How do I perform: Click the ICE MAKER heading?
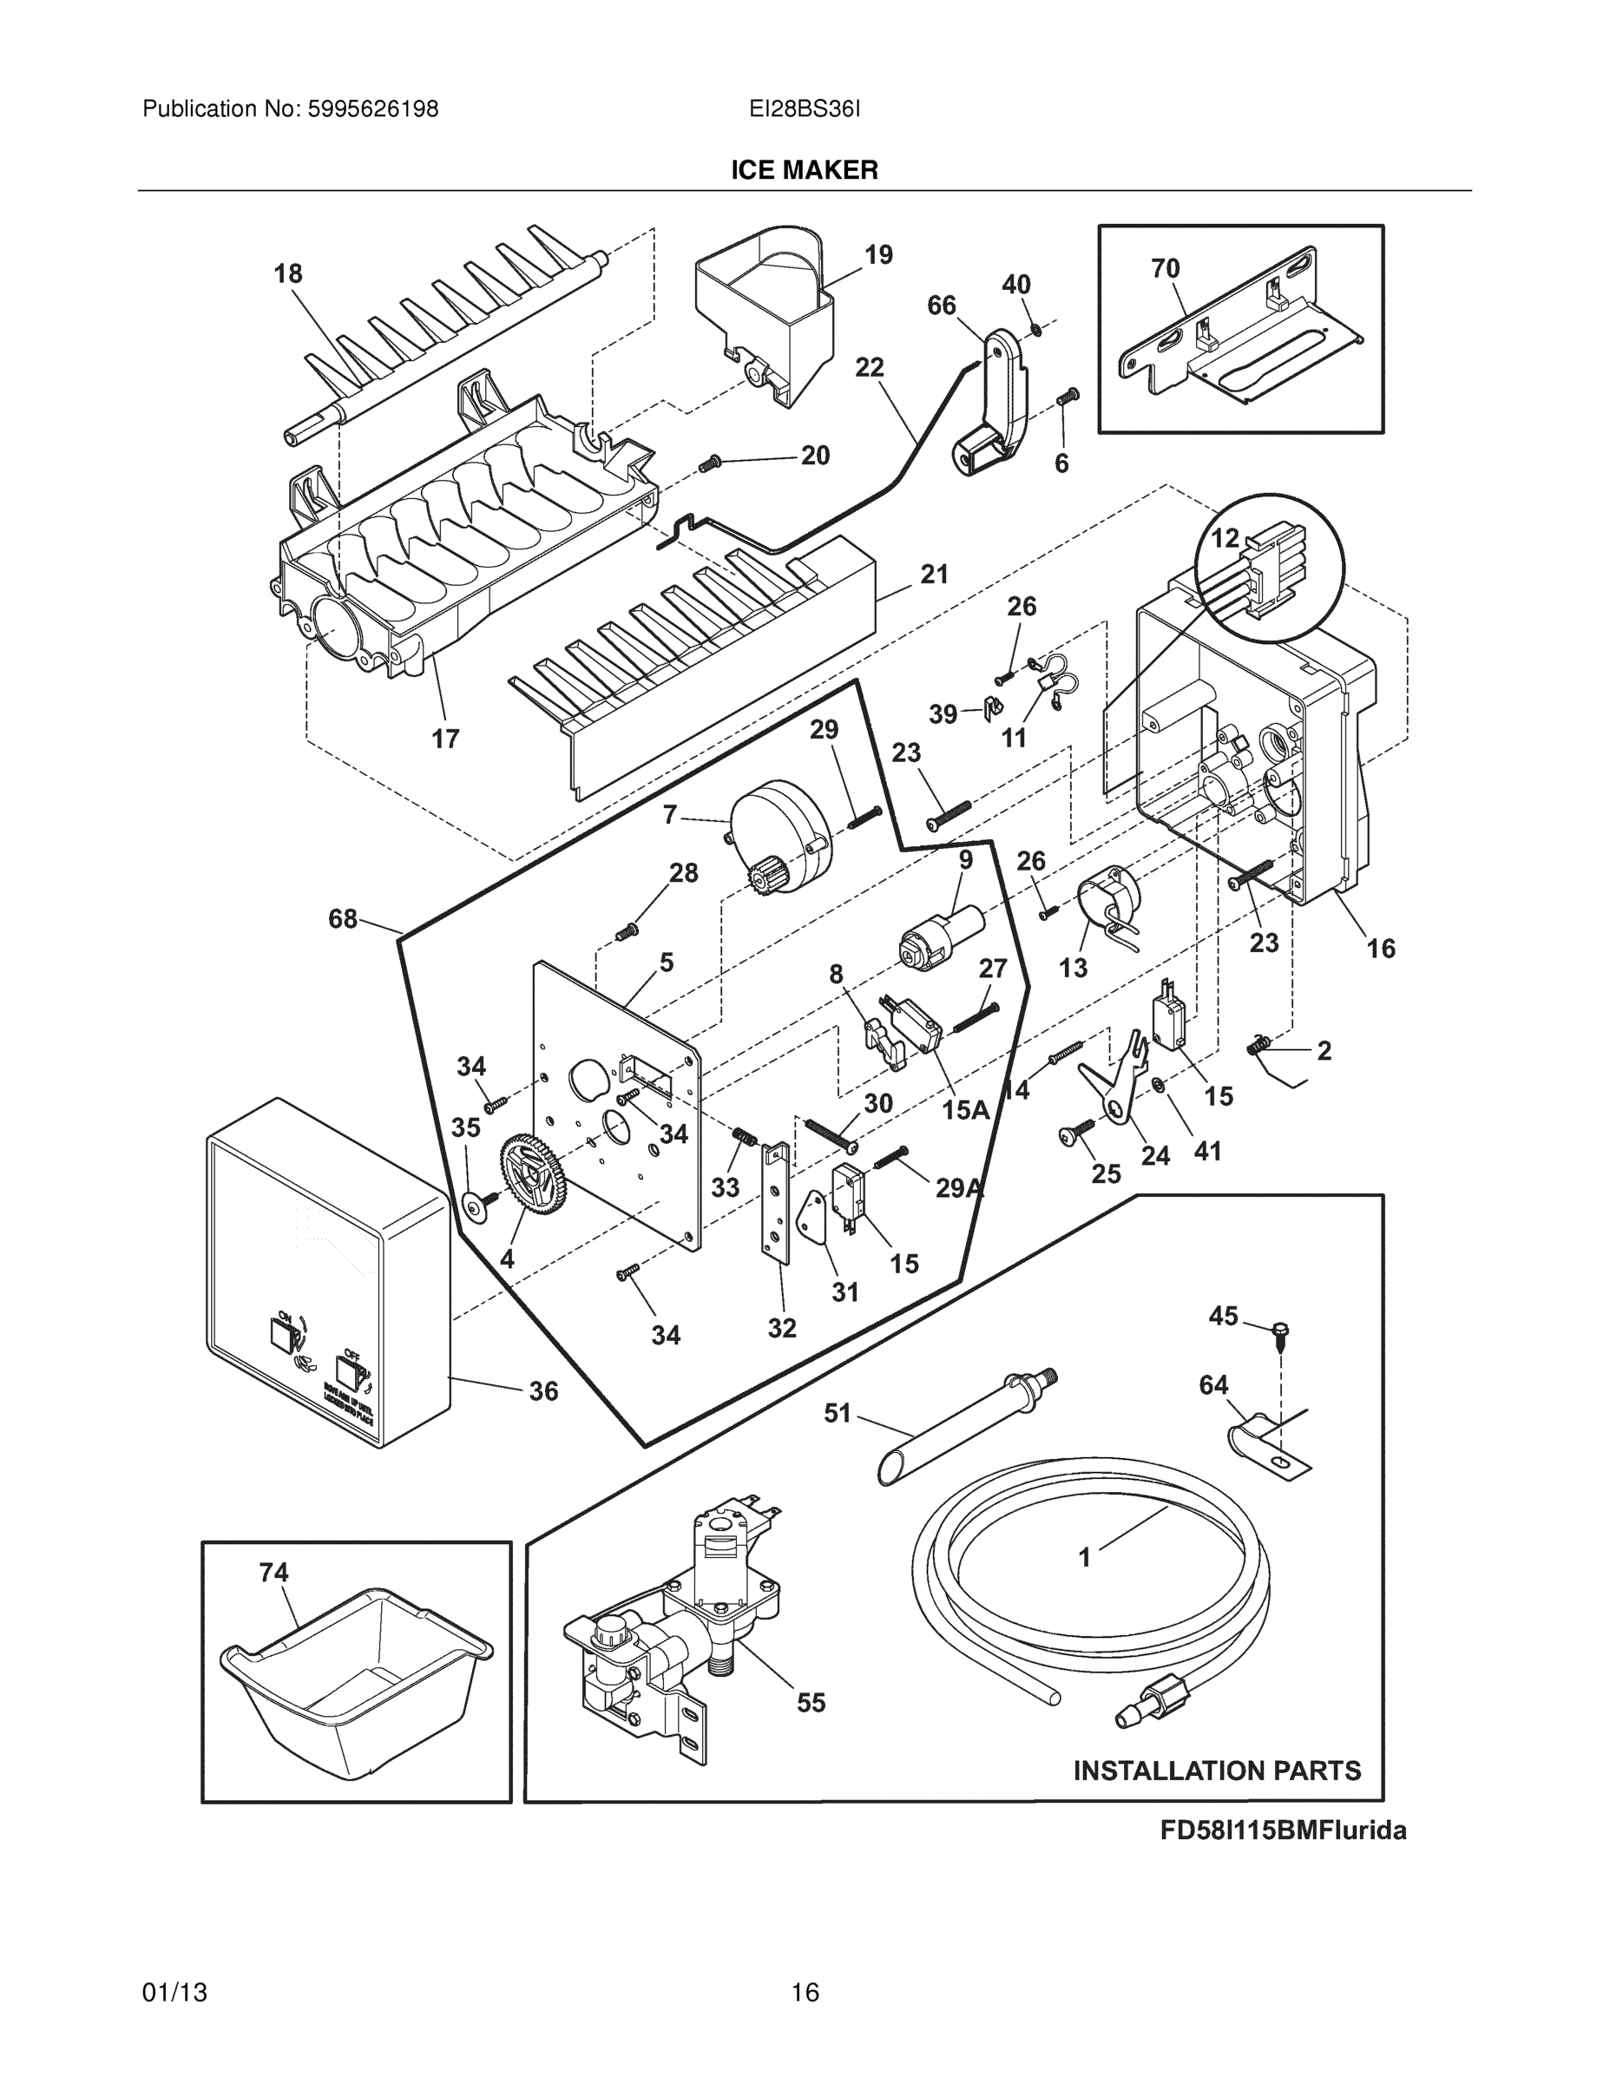click(x=804, y=170)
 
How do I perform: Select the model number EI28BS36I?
click(x=804, y=108)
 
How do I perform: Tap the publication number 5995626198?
click(x=372, y=108)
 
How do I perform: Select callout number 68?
click(x=343, y=918)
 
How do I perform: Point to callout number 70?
click(x=1165, y=269)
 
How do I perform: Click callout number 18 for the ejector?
click(x=288, y=273)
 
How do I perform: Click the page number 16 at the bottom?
click(x=804, y=1993)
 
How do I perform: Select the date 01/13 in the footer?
click(x=174, y=1993)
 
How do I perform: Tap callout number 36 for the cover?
click(x=542, y=1390)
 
